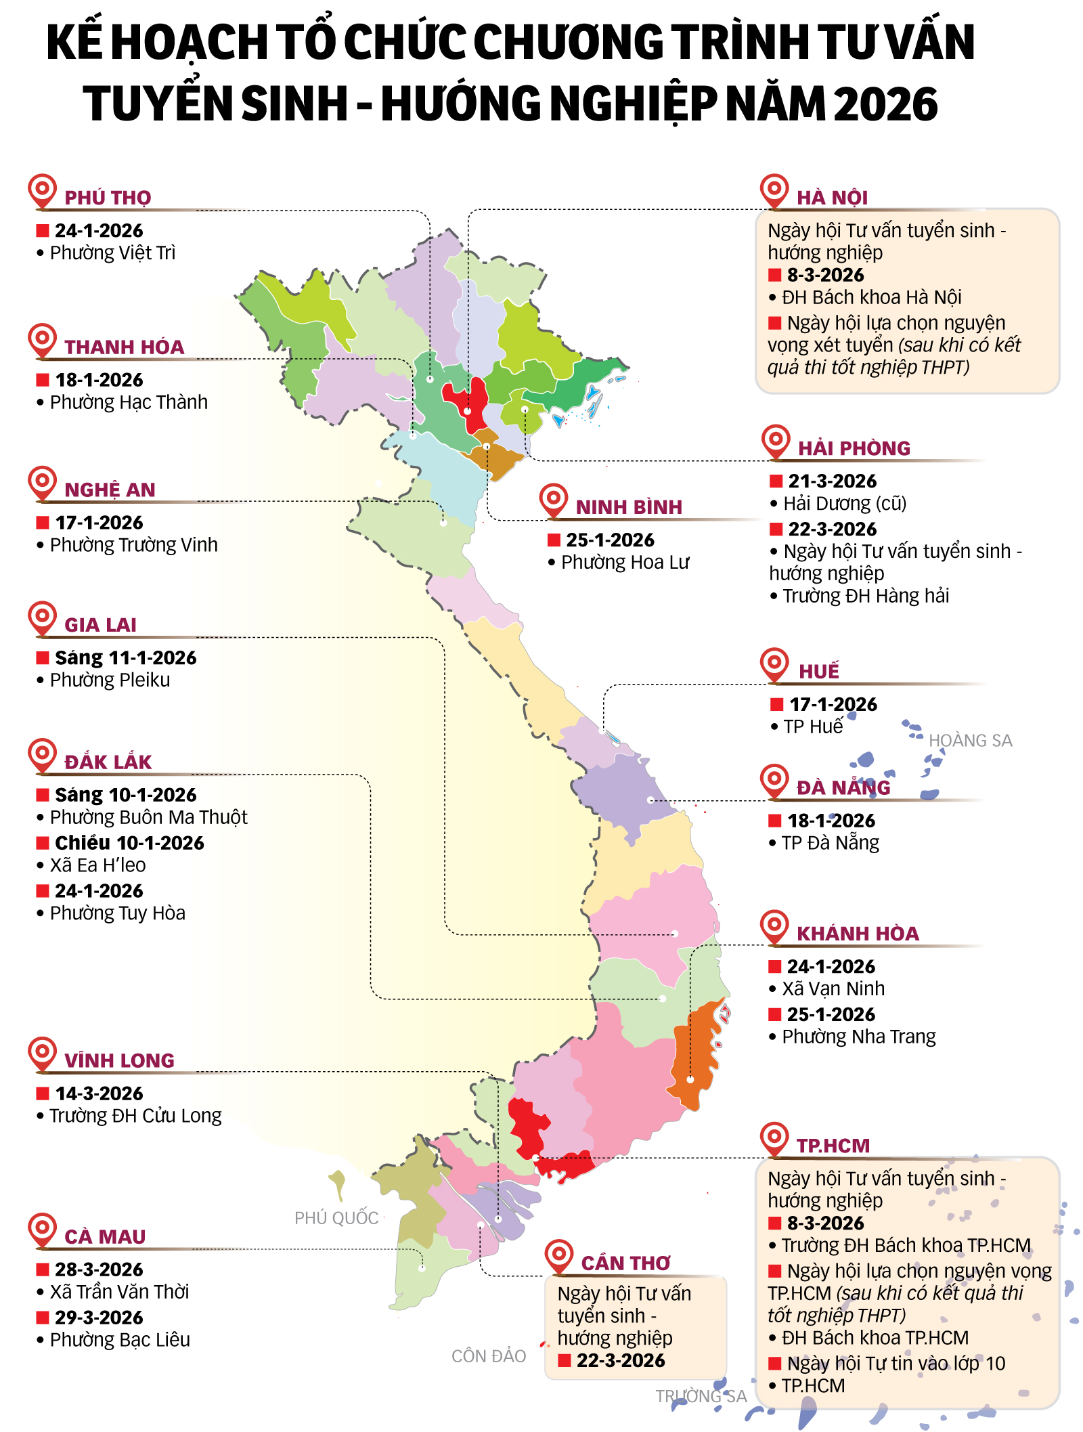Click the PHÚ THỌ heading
(x=108, y=198)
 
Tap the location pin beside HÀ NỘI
(x=774, y=190)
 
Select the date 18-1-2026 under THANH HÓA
(x=99, y=380)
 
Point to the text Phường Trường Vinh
(x=133, y=545)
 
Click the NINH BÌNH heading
(x=629, y=507)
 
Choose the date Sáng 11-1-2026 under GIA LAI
(x=125, y=658)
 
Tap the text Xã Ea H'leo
(x=97, y=865)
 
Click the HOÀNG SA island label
(x=969, y=741)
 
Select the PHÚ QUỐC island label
(x=336, y=1218)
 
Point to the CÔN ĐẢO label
(x=488, y=1356)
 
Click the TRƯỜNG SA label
(x=701, y=1396)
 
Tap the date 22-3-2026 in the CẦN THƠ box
(x=620, y=1361)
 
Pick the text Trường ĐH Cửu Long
(x=135, y=1116)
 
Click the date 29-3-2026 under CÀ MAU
(x=99, y=1318)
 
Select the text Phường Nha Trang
(x=858, y=1037)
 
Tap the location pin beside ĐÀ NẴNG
(x=774, y=780)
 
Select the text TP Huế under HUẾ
(x=812, y=726)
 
